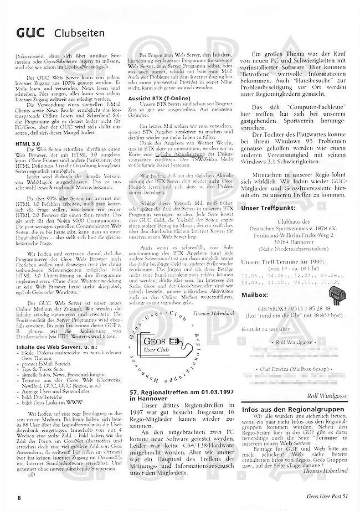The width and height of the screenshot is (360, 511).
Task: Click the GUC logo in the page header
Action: tap(30, 33)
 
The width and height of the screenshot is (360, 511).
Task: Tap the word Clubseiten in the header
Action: tap(80, 34)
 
